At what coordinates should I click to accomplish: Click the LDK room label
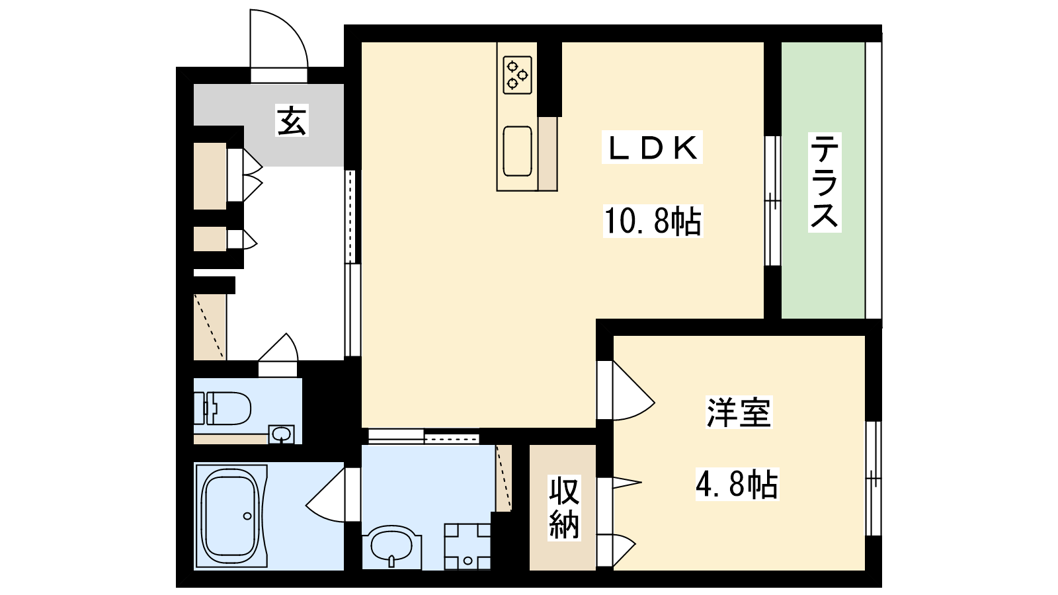point(652,148)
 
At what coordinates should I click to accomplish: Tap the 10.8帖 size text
point(653,221)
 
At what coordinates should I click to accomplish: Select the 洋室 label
point(739,412)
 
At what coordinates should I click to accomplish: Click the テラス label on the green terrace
point(825,182)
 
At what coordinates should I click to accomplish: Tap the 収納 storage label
point(564,508)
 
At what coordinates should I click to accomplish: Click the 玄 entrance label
point(292,120)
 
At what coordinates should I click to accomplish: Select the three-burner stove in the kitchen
point(518,75)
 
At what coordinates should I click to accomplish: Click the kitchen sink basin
point(518,151)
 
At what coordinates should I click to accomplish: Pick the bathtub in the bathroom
point(231,516)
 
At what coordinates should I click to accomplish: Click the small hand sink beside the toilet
point(282,434)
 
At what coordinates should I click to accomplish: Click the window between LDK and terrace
point(773,201)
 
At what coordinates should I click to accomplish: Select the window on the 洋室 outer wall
point(874,479)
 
